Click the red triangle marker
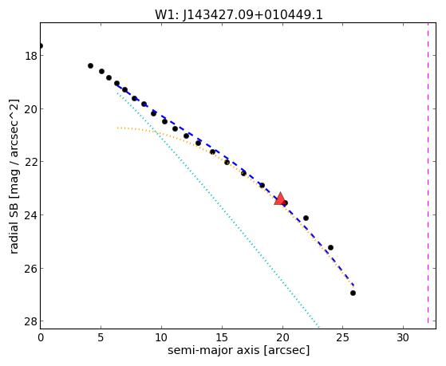click(x=280, y=199)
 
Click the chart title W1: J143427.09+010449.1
click(x=239, y=14)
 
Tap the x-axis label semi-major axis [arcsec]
click(x=239, y=350)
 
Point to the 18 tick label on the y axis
click(x=31, y=56)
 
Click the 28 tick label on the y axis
click(x=31, y=321)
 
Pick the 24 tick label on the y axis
click(x=31, y=215)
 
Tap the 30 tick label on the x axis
click(x=403, y=337)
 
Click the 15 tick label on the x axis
click(x=222, y=337)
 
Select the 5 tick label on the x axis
click(x=101, y=337)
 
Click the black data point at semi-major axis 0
click(x=41, y=45)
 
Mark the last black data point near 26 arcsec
click(x=353, y=293)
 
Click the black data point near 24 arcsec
click(x=330, y=247)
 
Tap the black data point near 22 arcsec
click(x=306, y=218)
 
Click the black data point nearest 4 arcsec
click(x=90, y=65)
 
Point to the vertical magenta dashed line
click(x=428, y=173)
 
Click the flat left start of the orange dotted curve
click(x=118, y=128)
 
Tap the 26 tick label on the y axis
click(x=31, y=269)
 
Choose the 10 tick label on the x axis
click(x=161, y=337)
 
